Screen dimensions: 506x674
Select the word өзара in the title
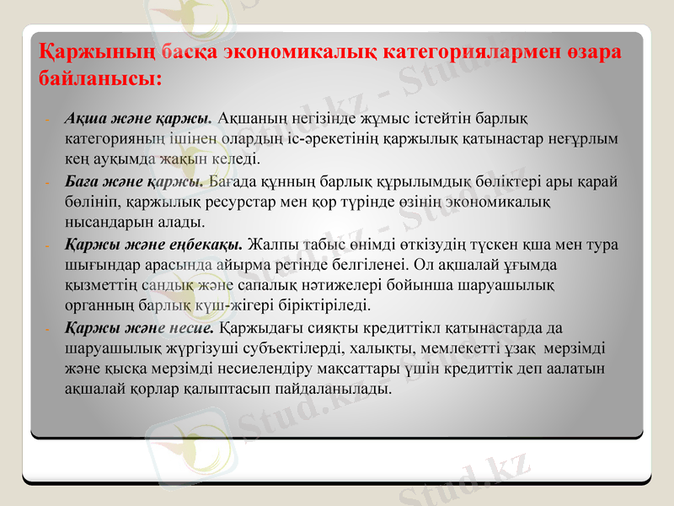coord(592,52)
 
